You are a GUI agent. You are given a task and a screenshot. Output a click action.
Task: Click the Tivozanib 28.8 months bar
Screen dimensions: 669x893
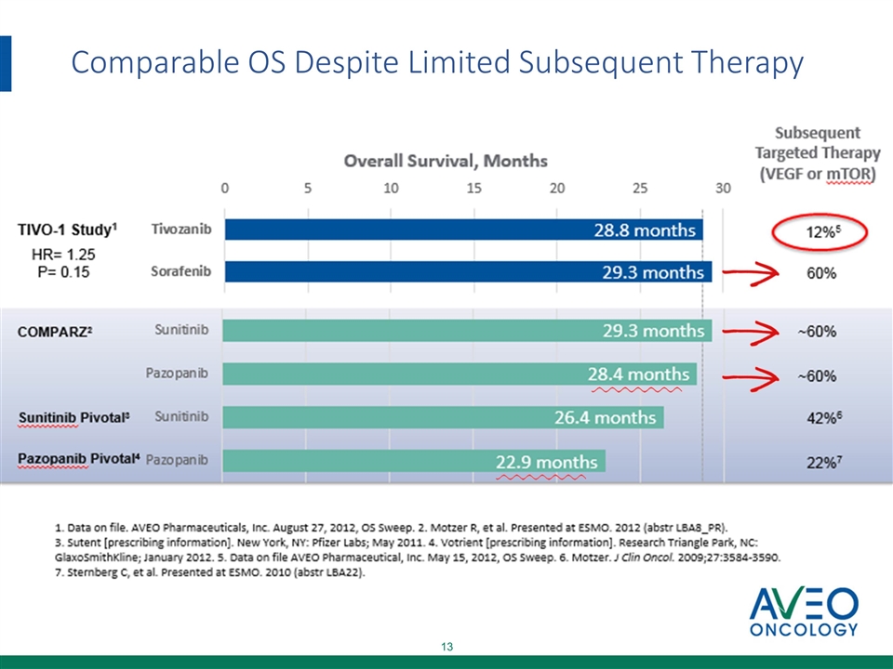(x=463, y=230)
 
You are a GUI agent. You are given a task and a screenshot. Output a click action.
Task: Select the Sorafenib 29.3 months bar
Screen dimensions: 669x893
(x=468, y=272)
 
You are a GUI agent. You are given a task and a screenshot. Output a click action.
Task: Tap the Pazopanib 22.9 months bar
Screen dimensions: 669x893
(x=414, y=461)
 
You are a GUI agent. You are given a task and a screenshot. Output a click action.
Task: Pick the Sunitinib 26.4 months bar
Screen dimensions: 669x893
(x=443, y=417)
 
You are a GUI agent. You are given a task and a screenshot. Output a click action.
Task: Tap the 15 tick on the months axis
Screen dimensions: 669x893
(x=474, y=189)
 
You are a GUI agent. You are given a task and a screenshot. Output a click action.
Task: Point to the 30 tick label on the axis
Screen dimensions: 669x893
(x=723, y=189)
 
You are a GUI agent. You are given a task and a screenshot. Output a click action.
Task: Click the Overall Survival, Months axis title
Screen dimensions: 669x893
(x=446, y=161)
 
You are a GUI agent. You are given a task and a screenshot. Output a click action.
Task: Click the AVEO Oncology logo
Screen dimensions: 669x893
(x=804, y=612)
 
